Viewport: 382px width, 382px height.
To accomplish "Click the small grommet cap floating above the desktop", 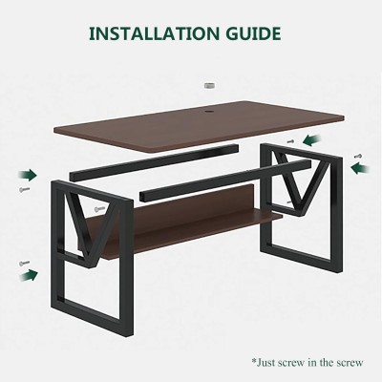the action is point(209,86).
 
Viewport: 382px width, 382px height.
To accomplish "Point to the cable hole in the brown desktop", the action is point(209,112).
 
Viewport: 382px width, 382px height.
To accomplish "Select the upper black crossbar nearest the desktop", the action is point(154,162).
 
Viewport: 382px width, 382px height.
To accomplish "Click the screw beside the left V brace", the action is point(99,209).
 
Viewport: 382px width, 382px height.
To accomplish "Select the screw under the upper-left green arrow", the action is point(24,190).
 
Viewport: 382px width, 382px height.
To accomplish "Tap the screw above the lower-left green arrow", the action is point(24,263).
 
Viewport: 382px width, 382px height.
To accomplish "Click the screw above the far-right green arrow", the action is point(358,156).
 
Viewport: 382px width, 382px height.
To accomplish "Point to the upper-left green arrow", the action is point(28,175).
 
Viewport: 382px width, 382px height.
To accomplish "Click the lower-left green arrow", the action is point(29,275).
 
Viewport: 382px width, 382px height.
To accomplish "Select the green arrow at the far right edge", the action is point(360,168).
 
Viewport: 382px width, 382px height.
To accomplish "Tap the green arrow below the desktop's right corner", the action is point(312,140).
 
